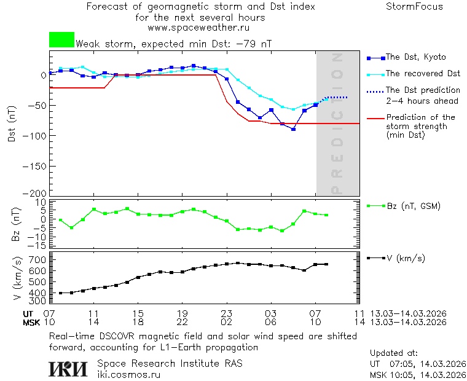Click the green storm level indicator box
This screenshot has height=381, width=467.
(61, 40)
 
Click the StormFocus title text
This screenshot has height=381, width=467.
(414, 7)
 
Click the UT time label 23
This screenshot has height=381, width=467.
(226, 313)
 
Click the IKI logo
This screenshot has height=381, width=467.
(69, 368)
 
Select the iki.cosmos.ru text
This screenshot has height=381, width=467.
(129, 374)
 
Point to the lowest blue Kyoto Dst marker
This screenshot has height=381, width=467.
(294, 129)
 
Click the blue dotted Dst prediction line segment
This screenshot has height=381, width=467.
(337, 97)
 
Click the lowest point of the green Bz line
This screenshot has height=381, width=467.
(282, 231)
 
